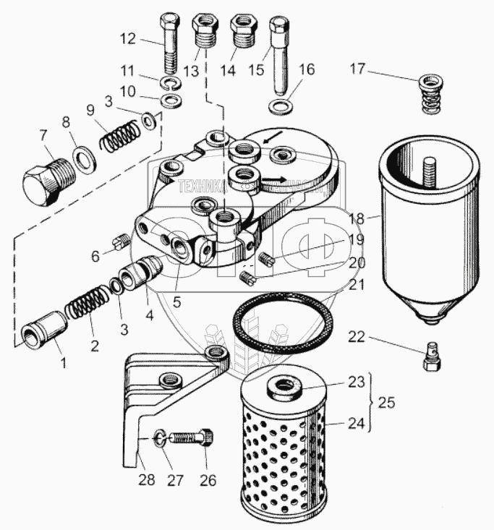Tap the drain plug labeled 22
point(431,356)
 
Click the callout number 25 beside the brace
point(386,403)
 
